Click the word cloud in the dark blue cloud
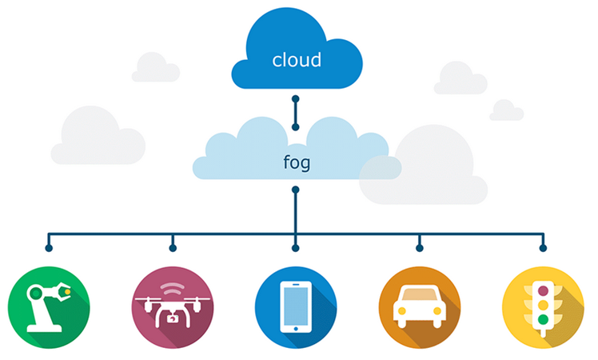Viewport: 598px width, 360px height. click(296, 60)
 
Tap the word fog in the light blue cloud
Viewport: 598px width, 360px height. click(296, 162)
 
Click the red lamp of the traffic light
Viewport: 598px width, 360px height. click(542, 290)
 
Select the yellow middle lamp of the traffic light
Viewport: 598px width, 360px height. click(542, 306)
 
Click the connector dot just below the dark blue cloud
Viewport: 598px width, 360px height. click(296, 99)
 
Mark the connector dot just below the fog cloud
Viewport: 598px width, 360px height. click(296, 190)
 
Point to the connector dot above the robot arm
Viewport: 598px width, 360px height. click(49, 248)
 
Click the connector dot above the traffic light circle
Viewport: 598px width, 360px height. click(543, 248)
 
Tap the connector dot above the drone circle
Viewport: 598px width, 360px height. click(172, 248)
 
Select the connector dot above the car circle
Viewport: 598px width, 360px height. click(419, 248)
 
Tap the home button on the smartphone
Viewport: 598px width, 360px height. click(295, 327)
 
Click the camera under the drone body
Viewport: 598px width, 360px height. click(172, 318)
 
